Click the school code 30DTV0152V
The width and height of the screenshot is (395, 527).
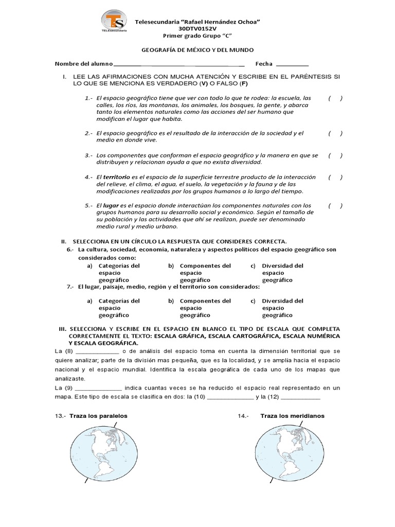point(197,29)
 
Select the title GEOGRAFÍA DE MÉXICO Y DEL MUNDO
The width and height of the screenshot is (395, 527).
point(197,50)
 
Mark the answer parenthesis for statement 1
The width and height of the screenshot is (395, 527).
point(335,98)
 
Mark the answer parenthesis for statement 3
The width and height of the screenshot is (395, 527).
point(335,155)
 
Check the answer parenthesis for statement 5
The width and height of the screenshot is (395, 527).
point(335,205)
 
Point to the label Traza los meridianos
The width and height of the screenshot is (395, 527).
point(292,416)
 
